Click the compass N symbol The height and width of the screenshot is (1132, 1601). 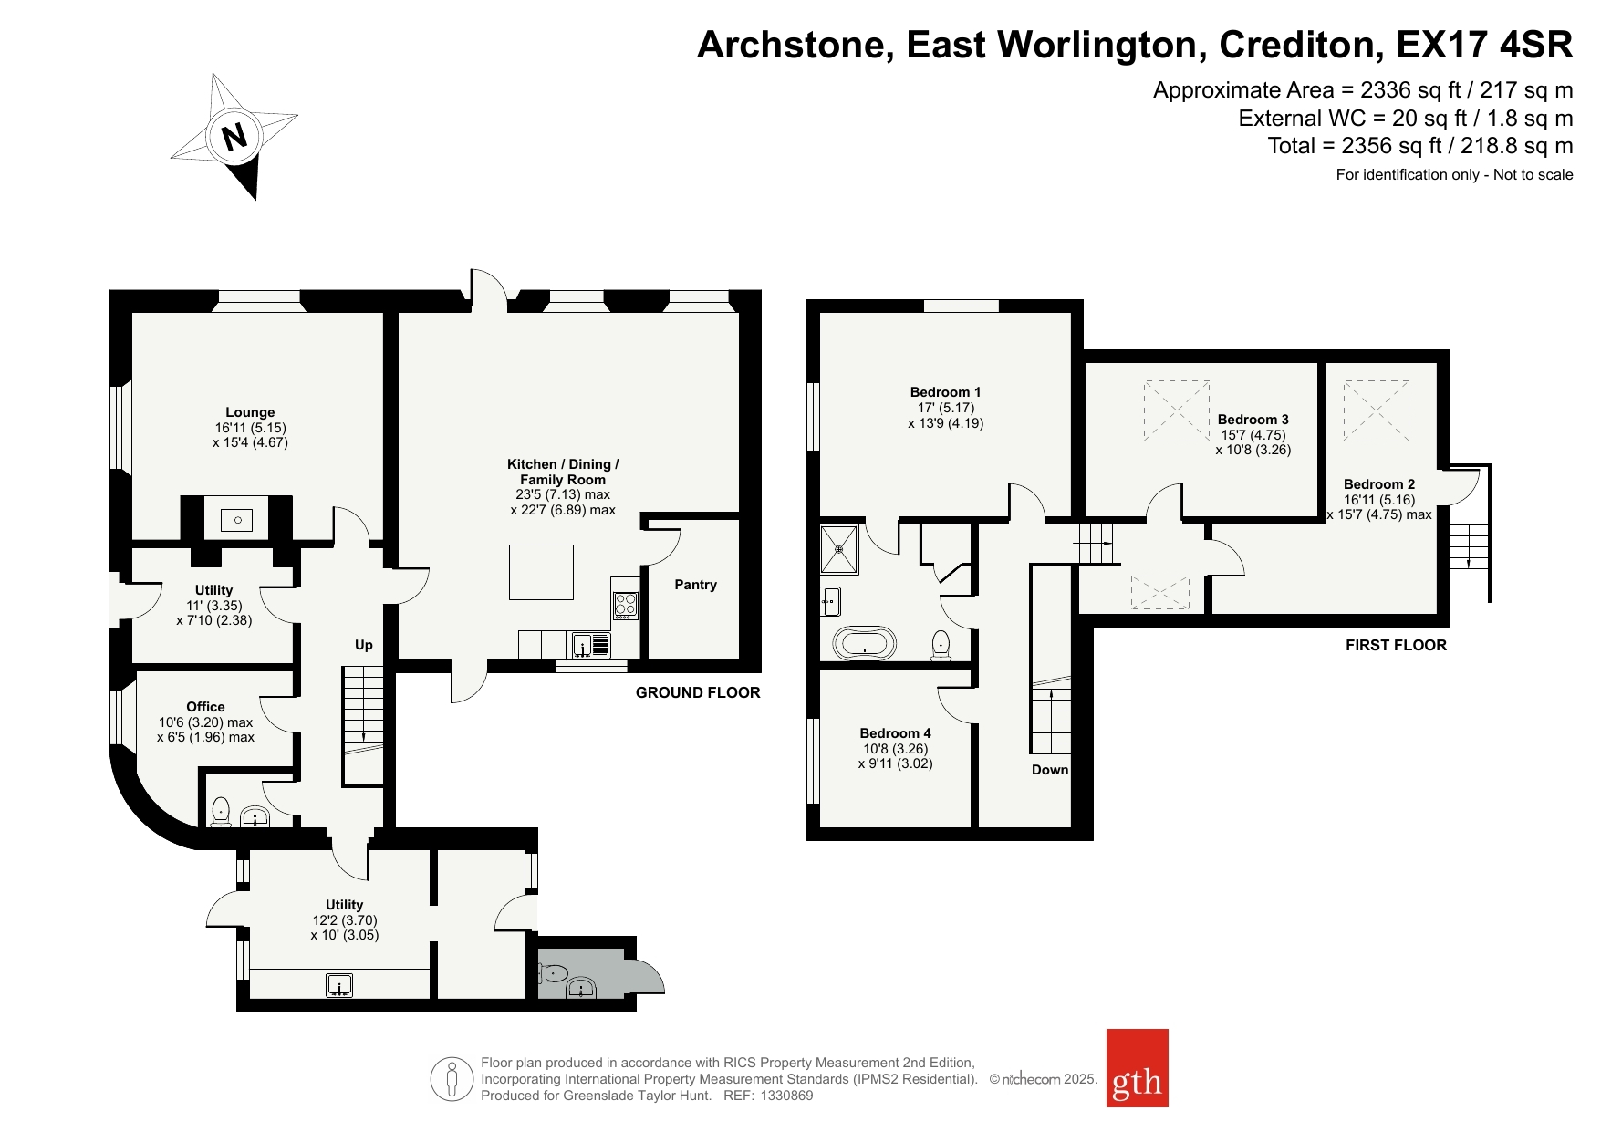234,137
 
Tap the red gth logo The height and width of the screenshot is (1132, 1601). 1137,1068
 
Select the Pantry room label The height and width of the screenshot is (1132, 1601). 695,585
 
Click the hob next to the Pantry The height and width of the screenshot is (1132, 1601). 625,606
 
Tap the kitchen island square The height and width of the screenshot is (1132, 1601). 541,572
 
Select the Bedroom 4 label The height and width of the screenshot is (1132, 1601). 895,733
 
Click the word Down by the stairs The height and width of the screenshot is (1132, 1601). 1050,770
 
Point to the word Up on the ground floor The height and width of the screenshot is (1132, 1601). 363,645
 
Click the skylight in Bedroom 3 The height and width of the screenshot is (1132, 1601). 1177,410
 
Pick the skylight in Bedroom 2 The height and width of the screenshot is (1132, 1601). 1377,411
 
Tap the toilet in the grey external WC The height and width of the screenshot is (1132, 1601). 553,972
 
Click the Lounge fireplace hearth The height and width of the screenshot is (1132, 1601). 237,520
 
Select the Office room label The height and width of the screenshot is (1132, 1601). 205,707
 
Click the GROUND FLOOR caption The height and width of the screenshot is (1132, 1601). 698,693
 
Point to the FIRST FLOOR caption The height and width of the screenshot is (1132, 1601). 1396,646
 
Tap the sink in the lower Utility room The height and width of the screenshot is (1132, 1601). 339,985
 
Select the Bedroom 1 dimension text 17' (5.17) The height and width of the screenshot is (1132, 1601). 946,408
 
